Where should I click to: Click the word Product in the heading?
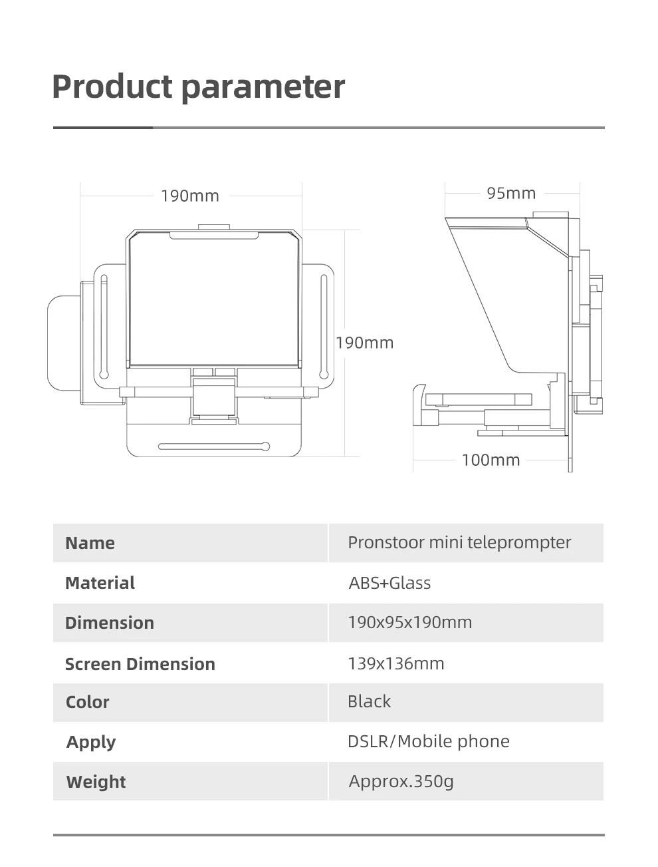point(112,87)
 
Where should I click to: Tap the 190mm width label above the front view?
point(190,196)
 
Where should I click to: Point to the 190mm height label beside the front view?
point(364,343)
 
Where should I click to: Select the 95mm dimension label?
point(511,194)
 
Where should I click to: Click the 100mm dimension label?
point(491,460)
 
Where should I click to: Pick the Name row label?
point(90,543)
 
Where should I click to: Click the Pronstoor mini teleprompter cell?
point(459,542)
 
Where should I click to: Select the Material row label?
point(100,583)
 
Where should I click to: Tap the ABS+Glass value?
point(389,583)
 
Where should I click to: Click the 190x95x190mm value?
point(409,623)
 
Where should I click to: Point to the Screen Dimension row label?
point(140,664)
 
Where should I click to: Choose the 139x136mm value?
point(395,663)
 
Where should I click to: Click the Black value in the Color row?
point(369,701)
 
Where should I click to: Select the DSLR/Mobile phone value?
point(428,741)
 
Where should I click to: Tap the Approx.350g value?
point(401,781)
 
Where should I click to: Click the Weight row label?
point(96,782)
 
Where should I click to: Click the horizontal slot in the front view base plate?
point(213,446)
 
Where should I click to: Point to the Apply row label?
point(91,742)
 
